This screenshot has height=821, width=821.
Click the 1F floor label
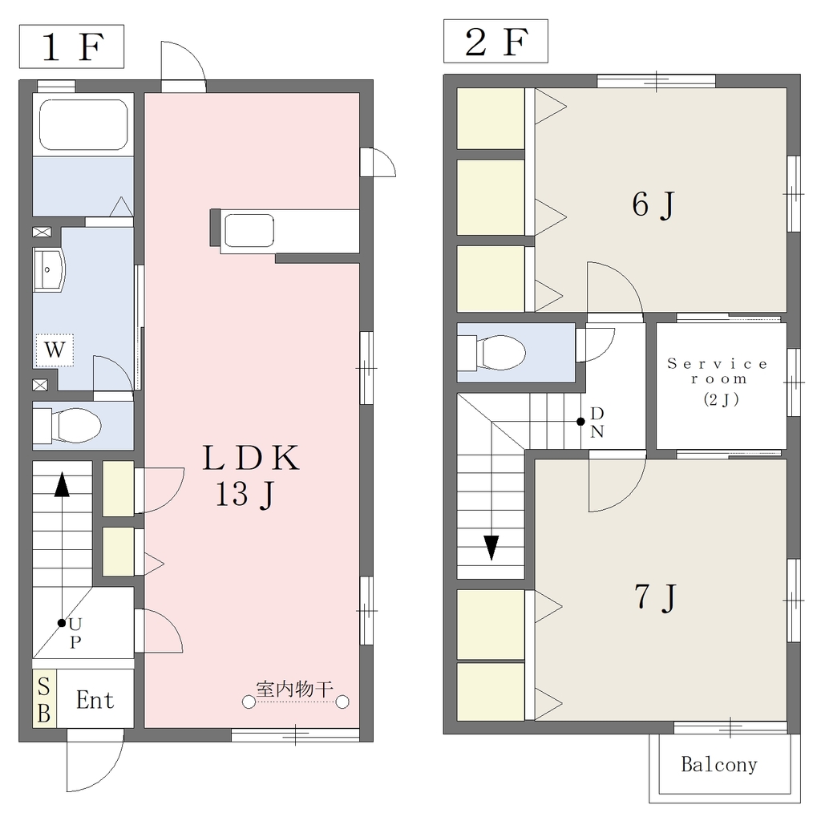pyautogui.click(x=71, y=47)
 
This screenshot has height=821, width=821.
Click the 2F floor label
pyautogui.click(x=495, y=42)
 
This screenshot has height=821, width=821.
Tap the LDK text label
pyautogui.click(x=251, y=458)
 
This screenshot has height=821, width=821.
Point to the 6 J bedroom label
pyautogui.click(x=653, y=204)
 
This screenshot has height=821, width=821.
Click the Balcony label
pyautogui.click(x=719, y=765)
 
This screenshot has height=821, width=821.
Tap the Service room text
pyautogui.click(x=718, y=371)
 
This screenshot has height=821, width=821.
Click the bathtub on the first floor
pyautogui.click(x=83, y=124)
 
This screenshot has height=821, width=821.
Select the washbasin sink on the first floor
pyautogui.click(x=49, y=269)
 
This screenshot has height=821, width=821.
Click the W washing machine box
pyautogui.click(x=55, y=350)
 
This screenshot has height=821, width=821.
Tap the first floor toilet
pyautogui.click(x=67, y=425)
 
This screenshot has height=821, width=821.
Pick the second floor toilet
pyautogui.click(x=491, y=353)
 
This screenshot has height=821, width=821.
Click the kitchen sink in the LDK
pyautogui.click(x=249, y=230)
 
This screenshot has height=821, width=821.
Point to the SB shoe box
pyautogui.click(x=44, y=699)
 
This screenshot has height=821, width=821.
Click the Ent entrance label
pyautogui.click(x=95, y=700)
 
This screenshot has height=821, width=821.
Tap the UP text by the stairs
pyautogui.click(x=75, y=633)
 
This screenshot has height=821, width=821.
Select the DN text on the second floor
pyautogui.click(x=597, y=422)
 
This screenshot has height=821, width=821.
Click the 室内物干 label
pyautogui.click(x=295, y=689)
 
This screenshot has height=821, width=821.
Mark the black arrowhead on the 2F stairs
pyautogui.click(x=491, y=548)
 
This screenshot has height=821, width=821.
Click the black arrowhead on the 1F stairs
pyautogui.click(x=62, y=484)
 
